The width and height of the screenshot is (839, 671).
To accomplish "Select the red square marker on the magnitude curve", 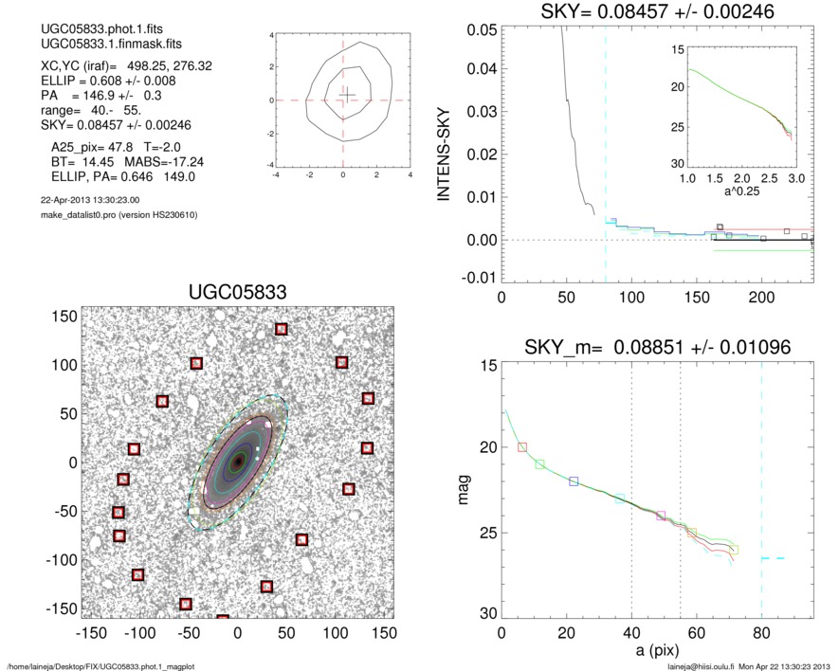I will click(522, 446).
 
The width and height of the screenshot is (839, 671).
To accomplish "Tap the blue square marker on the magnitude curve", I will click(574, 481).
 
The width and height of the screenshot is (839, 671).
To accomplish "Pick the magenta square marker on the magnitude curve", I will click(661, 516).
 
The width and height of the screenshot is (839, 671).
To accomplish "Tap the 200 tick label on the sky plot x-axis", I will click(761, 297).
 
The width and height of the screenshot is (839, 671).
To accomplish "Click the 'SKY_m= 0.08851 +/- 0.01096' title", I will click(657, 348).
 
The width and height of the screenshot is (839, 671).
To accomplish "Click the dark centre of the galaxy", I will click(238, 462).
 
